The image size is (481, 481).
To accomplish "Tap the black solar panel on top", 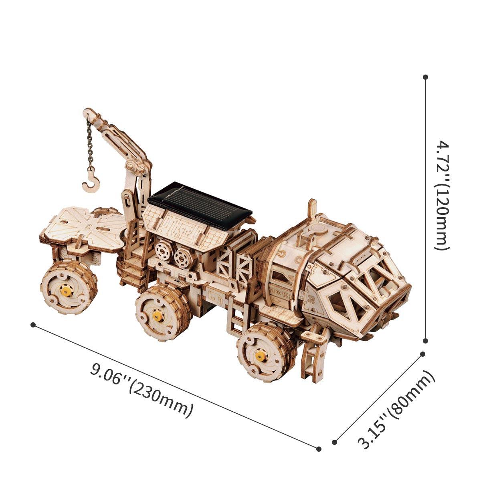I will coord(200,205).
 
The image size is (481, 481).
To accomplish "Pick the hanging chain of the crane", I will coord(90,144).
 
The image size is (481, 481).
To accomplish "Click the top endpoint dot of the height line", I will coord(426,77).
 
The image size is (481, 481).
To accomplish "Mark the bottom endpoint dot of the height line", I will coord(426,341).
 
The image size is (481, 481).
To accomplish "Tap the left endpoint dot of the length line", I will coord(33,325).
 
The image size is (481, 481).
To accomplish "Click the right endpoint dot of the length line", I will coord(319,449).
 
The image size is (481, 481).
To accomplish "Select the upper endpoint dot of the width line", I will coord(422,354).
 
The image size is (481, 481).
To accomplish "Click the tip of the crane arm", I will coord(87,112).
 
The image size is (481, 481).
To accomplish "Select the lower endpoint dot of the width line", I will coord(335,443).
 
